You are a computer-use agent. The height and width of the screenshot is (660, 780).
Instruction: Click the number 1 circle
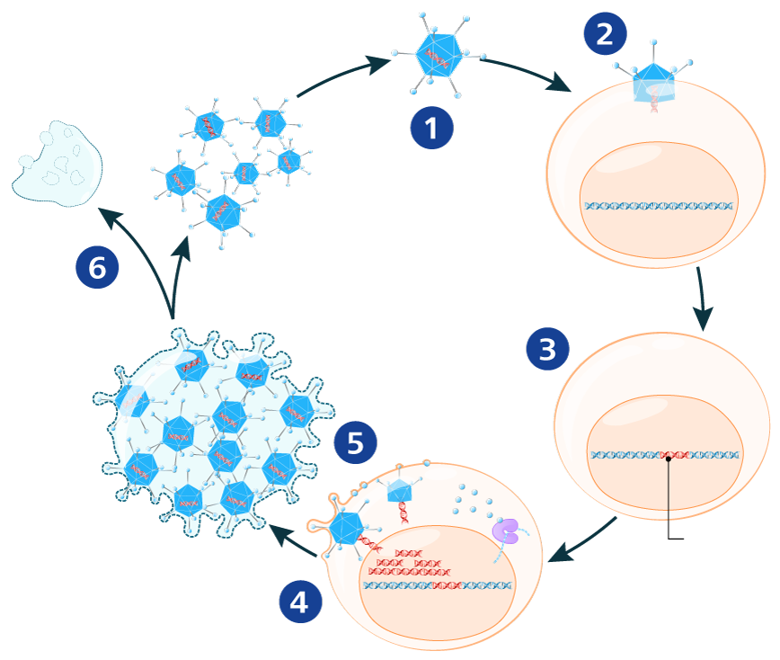click(431, 129)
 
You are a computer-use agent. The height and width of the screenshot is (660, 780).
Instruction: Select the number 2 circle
click(605, 34)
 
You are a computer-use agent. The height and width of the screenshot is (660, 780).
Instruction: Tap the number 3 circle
click(547, 349)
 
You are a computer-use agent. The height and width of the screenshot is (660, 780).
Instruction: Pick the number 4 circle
click(299, 602)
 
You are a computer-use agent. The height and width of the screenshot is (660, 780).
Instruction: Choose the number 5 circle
click(355, 443)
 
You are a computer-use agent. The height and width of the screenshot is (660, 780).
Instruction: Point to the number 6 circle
click(97, 267)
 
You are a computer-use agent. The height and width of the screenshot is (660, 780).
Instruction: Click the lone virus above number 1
click(438, 58)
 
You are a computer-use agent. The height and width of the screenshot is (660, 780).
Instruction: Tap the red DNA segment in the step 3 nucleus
click(669, 455)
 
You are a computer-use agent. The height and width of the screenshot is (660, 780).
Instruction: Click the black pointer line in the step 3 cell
click(669, 490)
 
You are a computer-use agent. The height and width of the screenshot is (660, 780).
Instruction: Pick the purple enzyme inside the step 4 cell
click(506, 531)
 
